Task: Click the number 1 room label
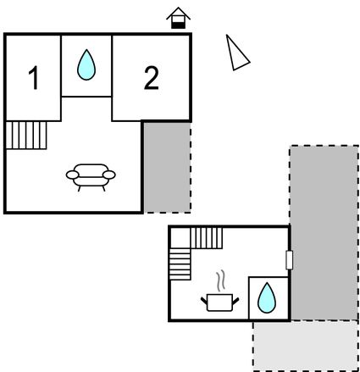(x=34, y=78)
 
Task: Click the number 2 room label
(x=152, y=78)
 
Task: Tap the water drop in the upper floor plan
(x=86, y=64)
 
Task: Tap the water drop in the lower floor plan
(x=267, y=297)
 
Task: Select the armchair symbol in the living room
(x=91, y=177)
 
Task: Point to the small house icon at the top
(x=179, y=18)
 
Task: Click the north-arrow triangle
(x=236, y=53)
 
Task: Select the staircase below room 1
(x=26, y=135)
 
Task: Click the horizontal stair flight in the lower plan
(x=207, y=238)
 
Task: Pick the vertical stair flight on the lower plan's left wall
(x=180, y=264)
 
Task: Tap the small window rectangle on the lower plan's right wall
(x=289, y=260)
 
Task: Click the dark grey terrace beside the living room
(x=167, y=168)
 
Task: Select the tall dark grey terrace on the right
(x=324, y=233)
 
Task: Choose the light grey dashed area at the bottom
(x=306, y=346)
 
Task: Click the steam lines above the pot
(x=221, y=280)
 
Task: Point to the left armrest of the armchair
(x=73, y=175)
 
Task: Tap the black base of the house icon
(x=179, y=25)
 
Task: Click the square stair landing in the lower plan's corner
(x=180, y=238)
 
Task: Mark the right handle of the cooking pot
(x=235, y=302)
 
